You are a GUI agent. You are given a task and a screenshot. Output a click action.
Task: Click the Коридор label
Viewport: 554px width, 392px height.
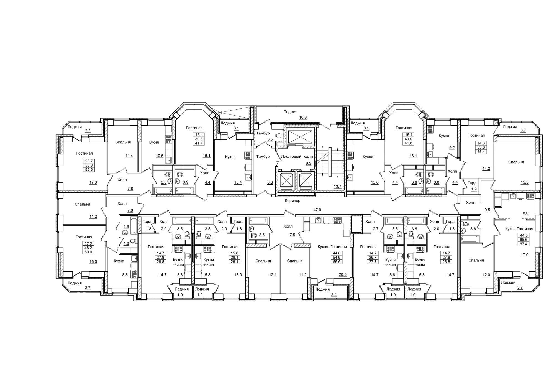click(x=293, y=200)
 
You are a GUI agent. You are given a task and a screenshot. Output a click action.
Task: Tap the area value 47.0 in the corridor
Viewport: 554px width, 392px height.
click(x=317, y=210)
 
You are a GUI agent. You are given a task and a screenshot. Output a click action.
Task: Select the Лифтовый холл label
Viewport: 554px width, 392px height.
click(x=297, y=157)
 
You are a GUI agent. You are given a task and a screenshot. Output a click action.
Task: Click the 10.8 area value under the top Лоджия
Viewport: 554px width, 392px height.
click(x=303, y=117)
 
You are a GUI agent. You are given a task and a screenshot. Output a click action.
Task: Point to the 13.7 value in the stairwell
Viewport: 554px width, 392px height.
click(x=337, y=186)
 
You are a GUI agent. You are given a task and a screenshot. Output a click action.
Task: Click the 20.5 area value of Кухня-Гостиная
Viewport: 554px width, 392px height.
click(x=342, y=275)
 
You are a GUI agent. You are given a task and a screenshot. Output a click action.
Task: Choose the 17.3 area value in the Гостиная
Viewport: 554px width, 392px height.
click(x=93, y=182)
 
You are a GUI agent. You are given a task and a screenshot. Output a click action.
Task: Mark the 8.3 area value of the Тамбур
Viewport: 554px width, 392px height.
click(x=270, y=182)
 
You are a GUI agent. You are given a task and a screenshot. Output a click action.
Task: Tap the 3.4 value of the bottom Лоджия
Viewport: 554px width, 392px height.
click(x=334, y=295)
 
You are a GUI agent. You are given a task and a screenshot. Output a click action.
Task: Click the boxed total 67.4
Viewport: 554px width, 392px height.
click(x=517, y=244)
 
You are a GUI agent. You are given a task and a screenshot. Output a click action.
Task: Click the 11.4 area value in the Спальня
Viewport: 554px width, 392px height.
click(x=129, y=156)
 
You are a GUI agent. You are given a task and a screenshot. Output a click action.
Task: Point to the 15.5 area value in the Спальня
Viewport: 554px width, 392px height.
click(x=524, y=182)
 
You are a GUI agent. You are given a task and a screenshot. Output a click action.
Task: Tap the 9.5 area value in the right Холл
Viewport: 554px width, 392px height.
click(x=487, y=210)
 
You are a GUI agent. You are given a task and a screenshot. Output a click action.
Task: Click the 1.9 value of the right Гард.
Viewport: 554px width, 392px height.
click(x=474, y=189)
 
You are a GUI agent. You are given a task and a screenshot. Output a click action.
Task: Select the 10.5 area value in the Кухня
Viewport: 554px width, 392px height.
click(x=159, y=156)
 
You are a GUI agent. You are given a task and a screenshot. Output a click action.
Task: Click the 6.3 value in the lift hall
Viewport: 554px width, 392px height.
click(x=308, y=164)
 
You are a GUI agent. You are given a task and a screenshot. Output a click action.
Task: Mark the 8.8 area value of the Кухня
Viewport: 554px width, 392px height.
click(x=125, y=275)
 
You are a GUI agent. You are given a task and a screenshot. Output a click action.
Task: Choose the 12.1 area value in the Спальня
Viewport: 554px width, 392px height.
click(x=273, y=275)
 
